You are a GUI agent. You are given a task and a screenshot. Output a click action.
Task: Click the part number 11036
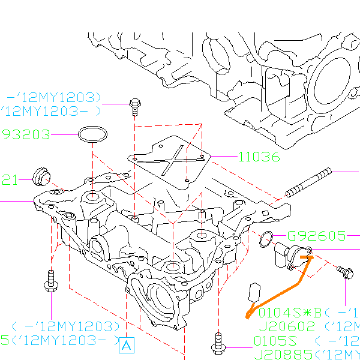pyautogui.click(x=259, y=157)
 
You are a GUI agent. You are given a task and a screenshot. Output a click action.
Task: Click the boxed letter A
pyautogui.click(x=126, y=345)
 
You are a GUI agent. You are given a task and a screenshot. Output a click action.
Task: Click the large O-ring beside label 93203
pyautogui.click(x=92, y=135)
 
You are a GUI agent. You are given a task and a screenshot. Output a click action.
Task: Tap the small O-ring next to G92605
pyautogui.click(x=266, y=239)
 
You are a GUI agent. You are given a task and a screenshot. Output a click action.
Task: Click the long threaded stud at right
pyautogui.click(x=308, y=184)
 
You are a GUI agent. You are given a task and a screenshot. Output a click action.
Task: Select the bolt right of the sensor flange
pyautogui.click(x=345, y=272)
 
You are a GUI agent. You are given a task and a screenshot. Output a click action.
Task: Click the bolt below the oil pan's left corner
pyautogui.click(x=50, y=281)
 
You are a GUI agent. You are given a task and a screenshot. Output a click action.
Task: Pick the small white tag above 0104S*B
pyautogui.click(x=253, y=293)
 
